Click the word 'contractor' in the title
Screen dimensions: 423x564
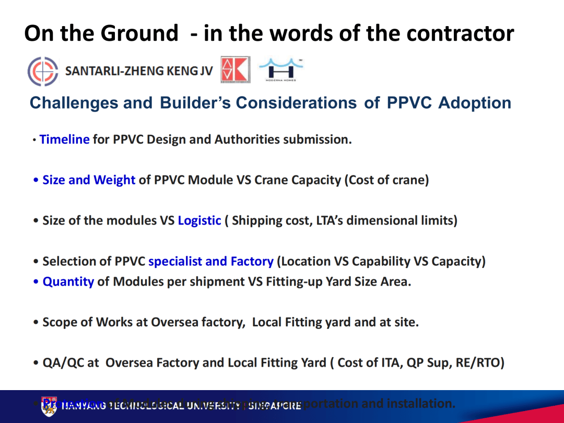[460, 33]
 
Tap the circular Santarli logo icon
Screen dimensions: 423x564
[43, 70]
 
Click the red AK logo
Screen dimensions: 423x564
[235, 69]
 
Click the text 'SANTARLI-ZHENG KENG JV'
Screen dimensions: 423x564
[139, 70]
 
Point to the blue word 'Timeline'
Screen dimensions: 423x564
[64, 139]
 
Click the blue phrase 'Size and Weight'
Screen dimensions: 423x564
[89, 180]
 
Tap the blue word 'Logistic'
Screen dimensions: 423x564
[199, 220]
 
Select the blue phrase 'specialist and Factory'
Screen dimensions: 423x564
[211, 261]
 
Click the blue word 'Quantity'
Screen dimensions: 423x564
[68, 281]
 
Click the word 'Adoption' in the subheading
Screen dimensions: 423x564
[475, 103]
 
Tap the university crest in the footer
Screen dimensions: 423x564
[49, 406]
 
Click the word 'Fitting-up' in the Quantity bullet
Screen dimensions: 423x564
[294, 281]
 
